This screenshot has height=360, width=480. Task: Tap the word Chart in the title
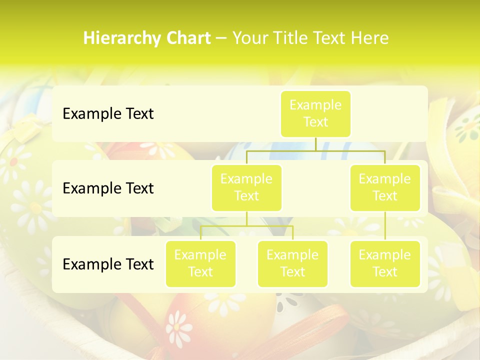click(188, 38)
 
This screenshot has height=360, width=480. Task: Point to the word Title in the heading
click(294, 38)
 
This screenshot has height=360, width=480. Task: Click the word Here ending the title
click(370, 38)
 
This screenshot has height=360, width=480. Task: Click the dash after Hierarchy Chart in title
click(221, 39)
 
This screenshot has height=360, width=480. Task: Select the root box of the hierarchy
click(315, 113)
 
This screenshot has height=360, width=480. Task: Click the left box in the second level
click(246, 187)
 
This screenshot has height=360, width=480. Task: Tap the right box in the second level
click(385, 187)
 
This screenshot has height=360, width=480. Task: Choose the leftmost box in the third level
click(200, 263)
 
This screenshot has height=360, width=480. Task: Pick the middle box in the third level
click(292, 263)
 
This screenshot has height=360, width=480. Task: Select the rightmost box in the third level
click(385, 263)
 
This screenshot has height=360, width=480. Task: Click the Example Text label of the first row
click(108, 114)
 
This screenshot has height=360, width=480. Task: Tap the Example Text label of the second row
click(108, 188)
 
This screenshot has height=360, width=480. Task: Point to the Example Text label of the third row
click(108, 264)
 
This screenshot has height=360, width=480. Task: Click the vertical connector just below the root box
click(315, 144)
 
